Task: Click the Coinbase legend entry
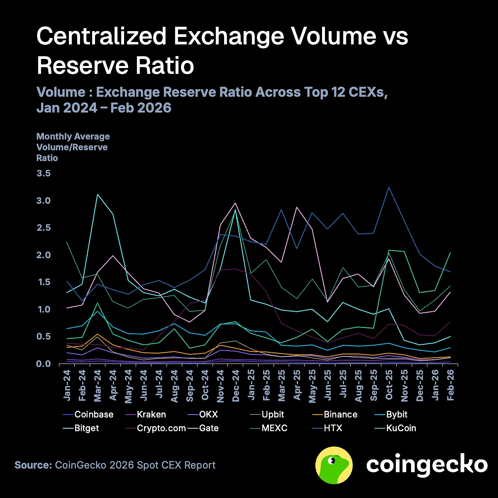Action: (x=93, y=415)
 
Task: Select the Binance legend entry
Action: (x=340, y=415)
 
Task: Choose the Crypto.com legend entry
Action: (x=161, y=428)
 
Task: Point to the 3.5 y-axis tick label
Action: (x=44, y=173)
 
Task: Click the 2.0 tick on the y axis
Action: (x=44, y=255)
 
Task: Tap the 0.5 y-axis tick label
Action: (x=44, y=337)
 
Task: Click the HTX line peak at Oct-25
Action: (x=389, y=187)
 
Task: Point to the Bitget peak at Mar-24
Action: (x=98, y=194)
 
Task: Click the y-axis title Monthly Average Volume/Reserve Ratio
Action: (x=73, y=147)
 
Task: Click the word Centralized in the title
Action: (x=102, y=37)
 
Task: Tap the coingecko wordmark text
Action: (x=427, y=465)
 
